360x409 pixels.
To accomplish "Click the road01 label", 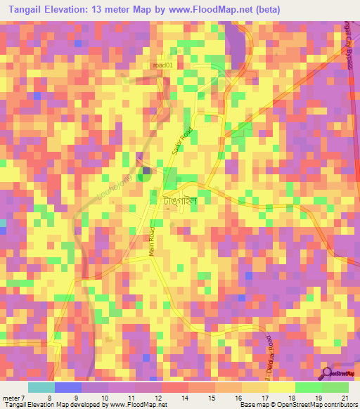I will coord(162,65).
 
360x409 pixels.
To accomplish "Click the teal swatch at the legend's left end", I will coord(41,387).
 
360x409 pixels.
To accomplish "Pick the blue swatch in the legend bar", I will coord(68,387).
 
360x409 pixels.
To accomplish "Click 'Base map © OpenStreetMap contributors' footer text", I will coord(296,405).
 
